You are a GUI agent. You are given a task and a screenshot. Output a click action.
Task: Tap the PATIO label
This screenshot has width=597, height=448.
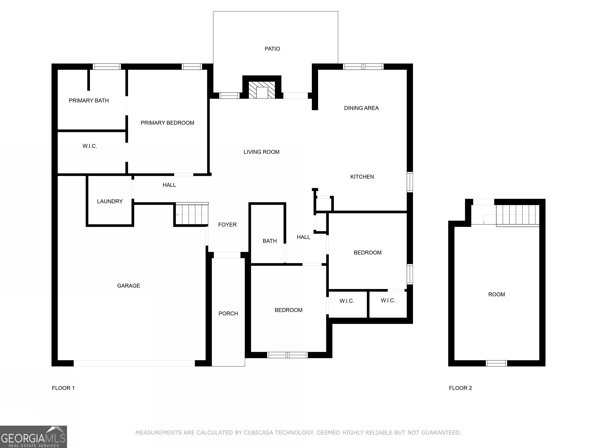click(x=272, y=49)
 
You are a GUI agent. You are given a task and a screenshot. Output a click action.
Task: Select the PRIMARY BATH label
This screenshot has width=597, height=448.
click(x=89, y=101)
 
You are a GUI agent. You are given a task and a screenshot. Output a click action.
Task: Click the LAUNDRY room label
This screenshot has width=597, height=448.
click(x=110, y=201)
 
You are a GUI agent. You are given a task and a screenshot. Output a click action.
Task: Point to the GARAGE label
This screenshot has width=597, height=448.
click(x=128, y=286)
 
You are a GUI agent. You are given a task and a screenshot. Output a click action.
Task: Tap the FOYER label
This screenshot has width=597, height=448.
click(x=227, y=225)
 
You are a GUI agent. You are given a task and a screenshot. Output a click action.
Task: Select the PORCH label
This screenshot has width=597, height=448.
click(x=228, y=313)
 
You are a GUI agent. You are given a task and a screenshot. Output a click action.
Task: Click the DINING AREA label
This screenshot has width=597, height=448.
click(x=361, y=108)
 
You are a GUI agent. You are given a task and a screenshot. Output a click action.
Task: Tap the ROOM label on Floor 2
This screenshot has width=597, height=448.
click(x=496, y=295)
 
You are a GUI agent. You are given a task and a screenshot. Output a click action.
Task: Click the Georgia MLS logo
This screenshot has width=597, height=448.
click(x=33, y=437)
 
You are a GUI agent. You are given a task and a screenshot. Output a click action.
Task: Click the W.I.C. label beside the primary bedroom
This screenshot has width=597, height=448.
click(x=90, y=146)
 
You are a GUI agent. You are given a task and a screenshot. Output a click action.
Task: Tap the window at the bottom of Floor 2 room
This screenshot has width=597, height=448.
click(x=496, y=363)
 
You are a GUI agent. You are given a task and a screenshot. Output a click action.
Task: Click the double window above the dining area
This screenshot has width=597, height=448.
click(x=363, y=67)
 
